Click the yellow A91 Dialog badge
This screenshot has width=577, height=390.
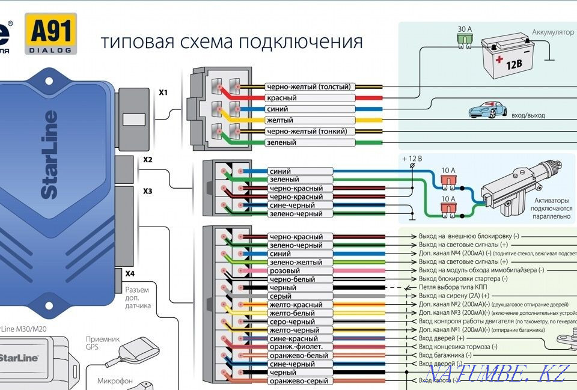pos(50,34)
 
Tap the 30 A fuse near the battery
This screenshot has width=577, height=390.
pos(465,39)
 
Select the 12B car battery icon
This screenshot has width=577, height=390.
pos(509,58)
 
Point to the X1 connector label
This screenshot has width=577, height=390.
pos(163,93)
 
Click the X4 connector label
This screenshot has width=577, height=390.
pos(130,273)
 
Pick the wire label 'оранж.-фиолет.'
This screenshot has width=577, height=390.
pos(296,347)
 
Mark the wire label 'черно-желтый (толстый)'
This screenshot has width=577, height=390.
pos(308,87)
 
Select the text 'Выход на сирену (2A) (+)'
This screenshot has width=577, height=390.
pos(454,296)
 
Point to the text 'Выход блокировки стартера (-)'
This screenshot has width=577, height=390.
pos(463,279)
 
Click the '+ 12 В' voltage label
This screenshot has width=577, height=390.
pos(412,159)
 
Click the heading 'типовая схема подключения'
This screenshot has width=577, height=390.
pos(231,42)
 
